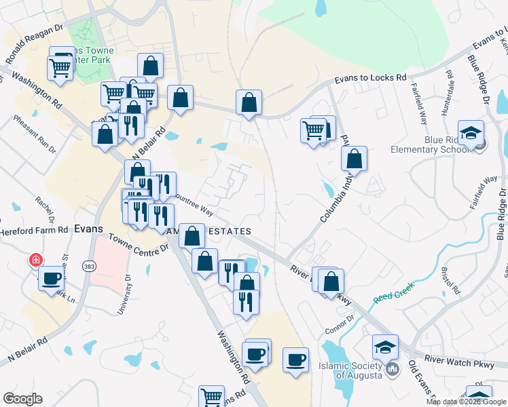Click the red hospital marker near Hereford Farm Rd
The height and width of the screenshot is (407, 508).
coord(35,260)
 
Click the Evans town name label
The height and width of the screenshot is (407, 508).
coord(88,229)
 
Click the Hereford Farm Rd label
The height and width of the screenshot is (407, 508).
coord(34,230)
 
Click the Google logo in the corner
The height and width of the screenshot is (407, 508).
coord(22,399)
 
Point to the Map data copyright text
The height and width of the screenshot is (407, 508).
coord(466,402)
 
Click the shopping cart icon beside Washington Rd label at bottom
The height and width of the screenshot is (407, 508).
coord(212,396)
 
